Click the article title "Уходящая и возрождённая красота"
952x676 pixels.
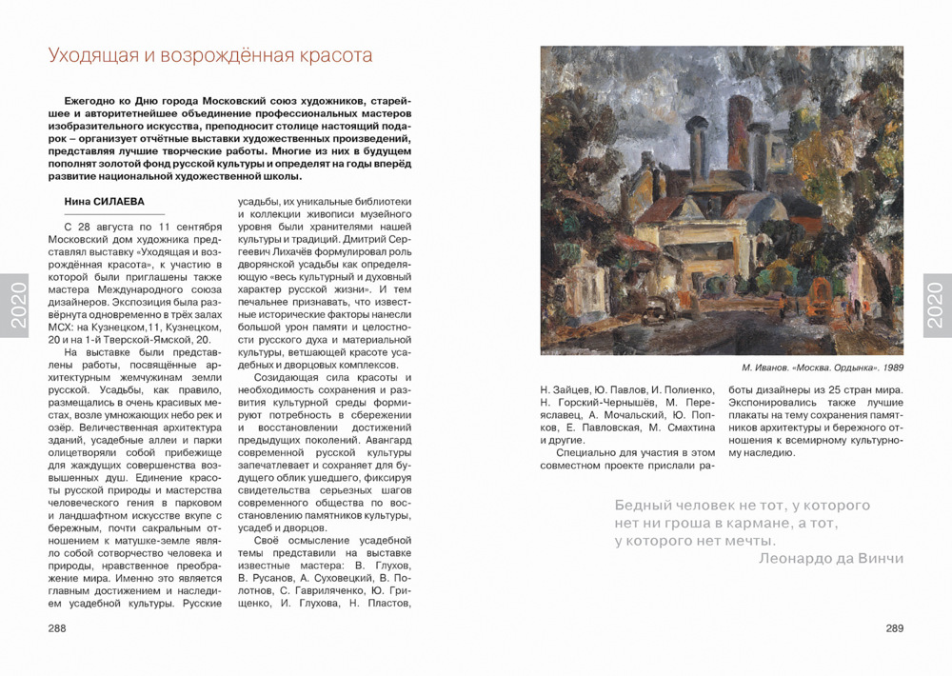point(209,55)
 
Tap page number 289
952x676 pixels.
point(894,628)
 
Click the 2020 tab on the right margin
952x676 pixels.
point(938,305)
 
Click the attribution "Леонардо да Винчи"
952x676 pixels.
point(831,559)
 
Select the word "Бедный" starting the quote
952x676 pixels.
point(645,506)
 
